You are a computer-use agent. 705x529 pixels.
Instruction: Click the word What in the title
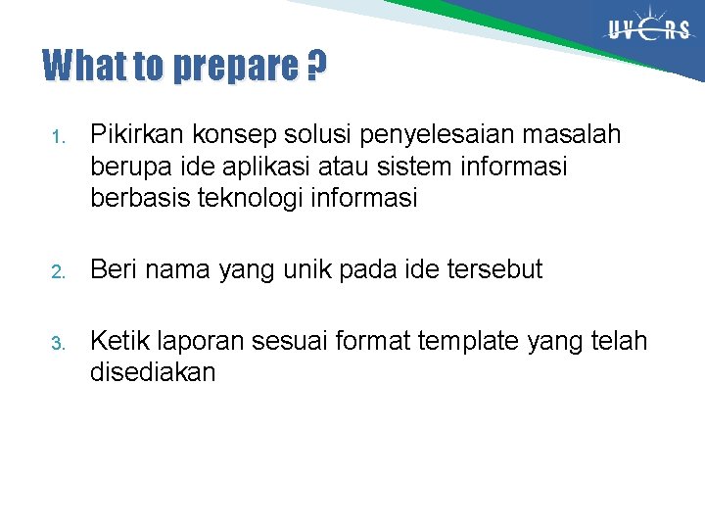[x=85, y=67]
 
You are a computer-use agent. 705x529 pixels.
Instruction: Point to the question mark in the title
[x=315, y=67]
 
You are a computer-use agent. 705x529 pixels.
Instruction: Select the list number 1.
[x=57, y=136]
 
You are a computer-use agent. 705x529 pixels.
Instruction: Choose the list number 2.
[x=57, y=271]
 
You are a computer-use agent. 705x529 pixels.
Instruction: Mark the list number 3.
[x=57, y=343]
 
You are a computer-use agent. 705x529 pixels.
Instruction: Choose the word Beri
[x=113, y=269]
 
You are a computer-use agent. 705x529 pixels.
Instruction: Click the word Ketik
[x=118, y=341]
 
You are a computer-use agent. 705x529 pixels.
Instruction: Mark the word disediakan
[x=153, y=372]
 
